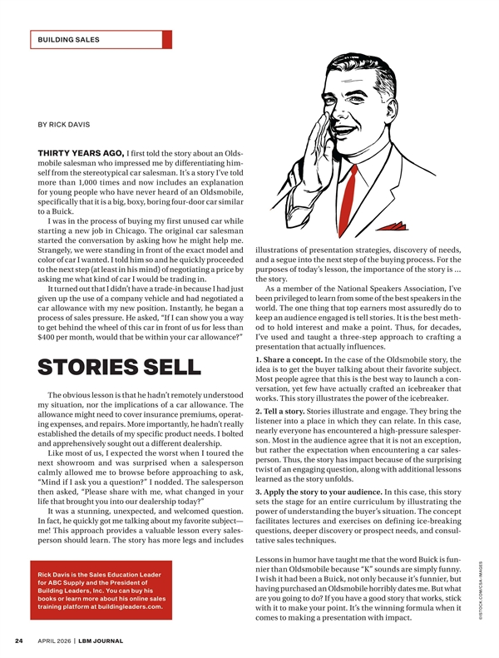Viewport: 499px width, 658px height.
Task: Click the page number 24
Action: point(18,641)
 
